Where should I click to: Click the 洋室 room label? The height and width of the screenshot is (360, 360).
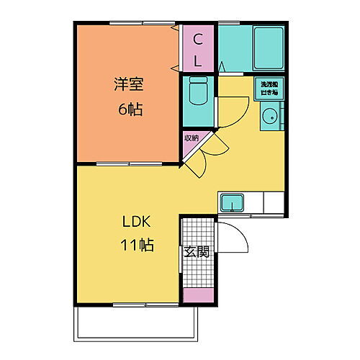pyautogui.click(x=129, y=84)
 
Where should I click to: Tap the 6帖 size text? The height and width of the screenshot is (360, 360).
pyautogui.click(x=129, y=109)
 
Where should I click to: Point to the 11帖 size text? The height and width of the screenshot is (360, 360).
pyautogui.click(x=136, y=245)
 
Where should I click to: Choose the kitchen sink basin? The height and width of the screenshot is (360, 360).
pyautogui.click(x=232, y=202)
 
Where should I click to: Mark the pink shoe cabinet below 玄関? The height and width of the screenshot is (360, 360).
pyautogui.click(x=197, y=295)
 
